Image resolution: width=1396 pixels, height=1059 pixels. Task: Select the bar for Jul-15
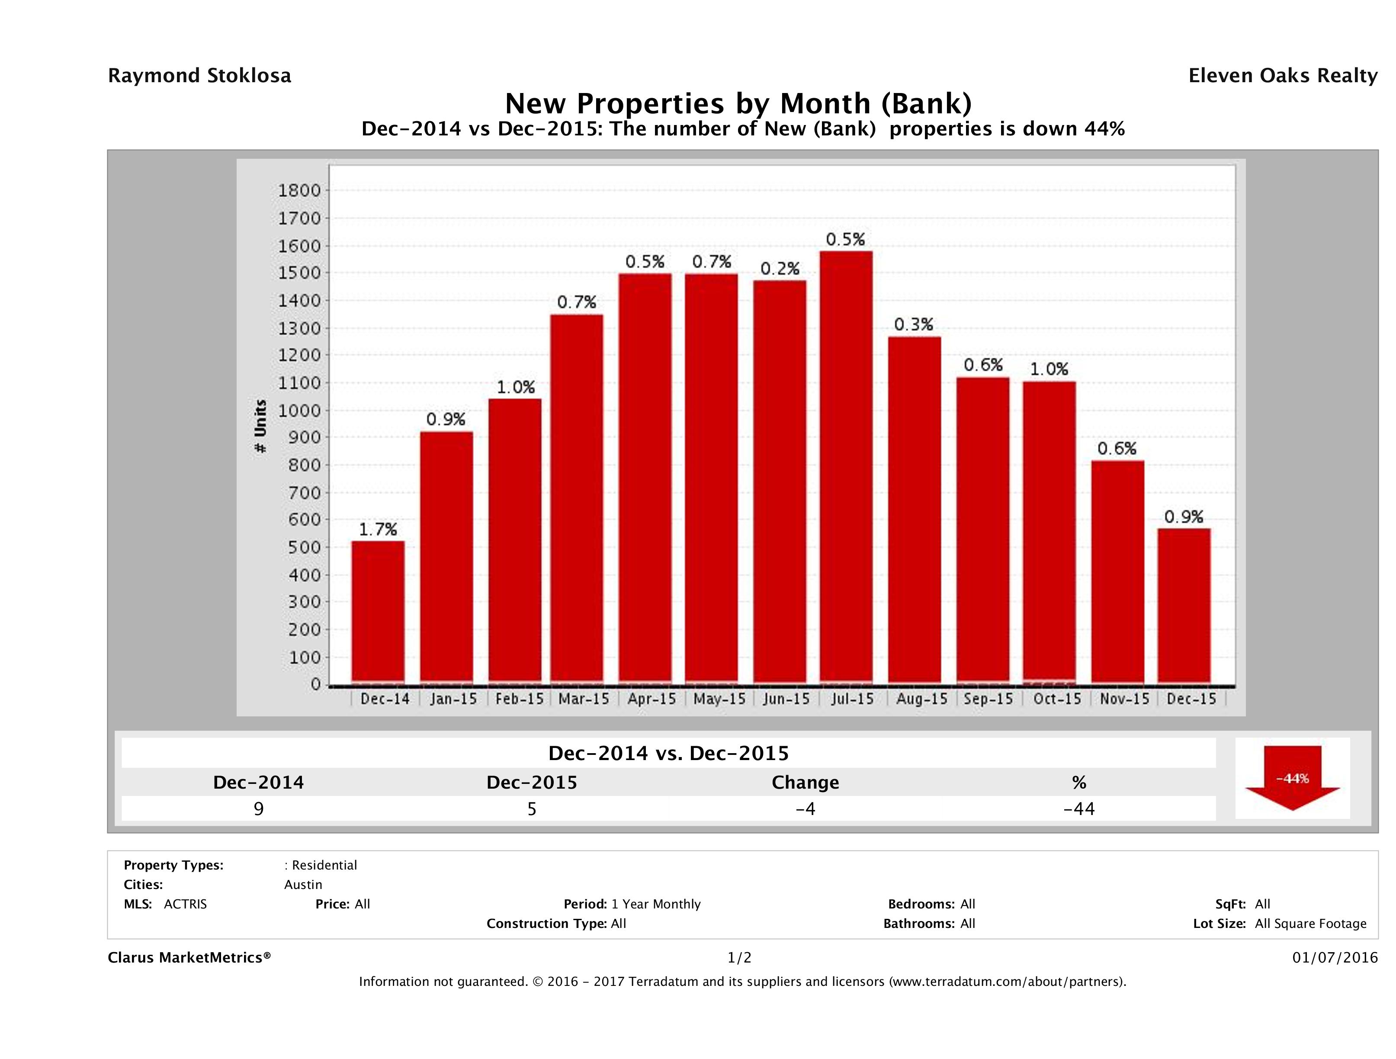pos(846,467)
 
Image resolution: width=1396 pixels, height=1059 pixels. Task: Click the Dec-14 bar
pos(378,612)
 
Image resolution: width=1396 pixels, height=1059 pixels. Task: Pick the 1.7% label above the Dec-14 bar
pos(378,529)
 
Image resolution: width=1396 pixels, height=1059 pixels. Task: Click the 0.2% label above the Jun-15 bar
pos(780,269)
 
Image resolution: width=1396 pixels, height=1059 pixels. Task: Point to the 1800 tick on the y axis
pos(299,191)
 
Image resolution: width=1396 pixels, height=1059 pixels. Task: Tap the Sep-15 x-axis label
pos(988,699)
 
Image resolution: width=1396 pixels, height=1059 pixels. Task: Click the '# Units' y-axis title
pos(260,427)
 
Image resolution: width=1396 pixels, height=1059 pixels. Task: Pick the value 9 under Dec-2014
pos(258,809)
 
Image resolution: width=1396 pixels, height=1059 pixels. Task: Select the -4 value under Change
pos(806,809)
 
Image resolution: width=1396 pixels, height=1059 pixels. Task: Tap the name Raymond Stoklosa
pos(199,76)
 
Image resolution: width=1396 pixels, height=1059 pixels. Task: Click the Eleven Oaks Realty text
pos(1282,76)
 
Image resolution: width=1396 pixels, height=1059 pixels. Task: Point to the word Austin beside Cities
pos(303,885)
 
